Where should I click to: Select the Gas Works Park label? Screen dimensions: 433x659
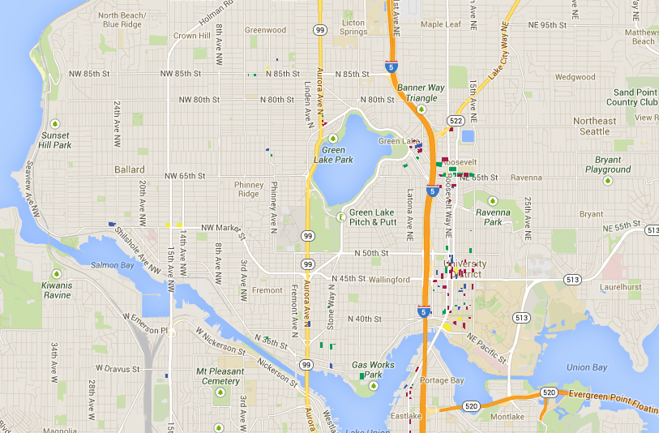pos(372,370)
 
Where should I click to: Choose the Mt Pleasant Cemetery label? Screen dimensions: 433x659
pos(220,376)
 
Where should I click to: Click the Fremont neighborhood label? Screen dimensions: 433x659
pos(267,289)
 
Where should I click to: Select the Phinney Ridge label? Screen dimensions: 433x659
pos(249,189)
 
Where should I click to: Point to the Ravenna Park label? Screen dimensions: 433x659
pos(493,216)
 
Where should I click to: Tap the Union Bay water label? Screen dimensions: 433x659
pos(588,367)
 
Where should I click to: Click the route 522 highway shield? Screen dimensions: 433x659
pos(456,121)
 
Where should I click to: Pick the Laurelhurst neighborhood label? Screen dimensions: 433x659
pos(621,286)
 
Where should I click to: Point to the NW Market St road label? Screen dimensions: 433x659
pos(211,227)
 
